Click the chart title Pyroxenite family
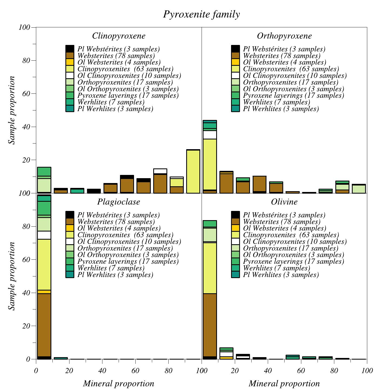pos(201,14)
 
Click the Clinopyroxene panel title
pos(119,36)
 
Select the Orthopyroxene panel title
pos(284,36)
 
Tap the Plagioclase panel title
pos(119,202)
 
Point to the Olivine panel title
pos(284,202)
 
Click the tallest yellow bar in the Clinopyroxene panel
pos(193,172)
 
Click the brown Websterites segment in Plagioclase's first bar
pos(44,325)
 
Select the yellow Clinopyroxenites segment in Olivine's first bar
pos(210,268)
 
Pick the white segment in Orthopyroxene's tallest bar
pos(210,135)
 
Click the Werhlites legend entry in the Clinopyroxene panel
pos(111,102)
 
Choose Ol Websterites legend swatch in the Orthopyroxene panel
pos(235,62)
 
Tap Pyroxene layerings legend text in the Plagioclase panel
pos(128,262)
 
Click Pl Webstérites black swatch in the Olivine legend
pos(235,215)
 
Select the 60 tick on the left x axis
pos(135,371)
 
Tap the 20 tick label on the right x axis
pos(235,371)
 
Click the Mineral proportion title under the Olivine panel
pos(284,383)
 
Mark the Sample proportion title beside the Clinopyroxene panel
pos(12,110)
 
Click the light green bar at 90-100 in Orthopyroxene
pos(359,189)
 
